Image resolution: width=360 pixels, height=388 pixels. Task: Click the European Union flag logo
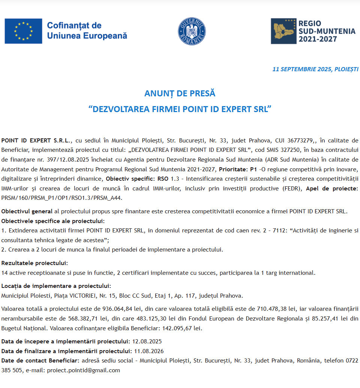(23, 31)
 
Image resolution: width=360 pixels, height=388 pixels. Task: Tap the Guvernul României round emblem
(192, 31)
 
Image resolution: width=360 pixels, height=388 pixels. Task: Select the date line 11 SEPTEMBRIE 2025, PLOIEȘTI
(315, 69)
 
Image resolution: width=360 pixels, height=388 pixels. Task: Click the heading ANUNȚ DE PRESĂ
(180, 93)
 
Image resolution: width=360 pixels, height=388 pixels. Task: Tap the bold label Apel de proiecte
(332, 188)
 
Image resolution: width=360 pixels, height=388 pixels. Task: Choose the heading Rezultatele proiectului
(35, 263)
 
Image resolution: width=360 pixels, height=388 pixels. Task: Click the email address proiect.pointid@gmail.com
(83, 370)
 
